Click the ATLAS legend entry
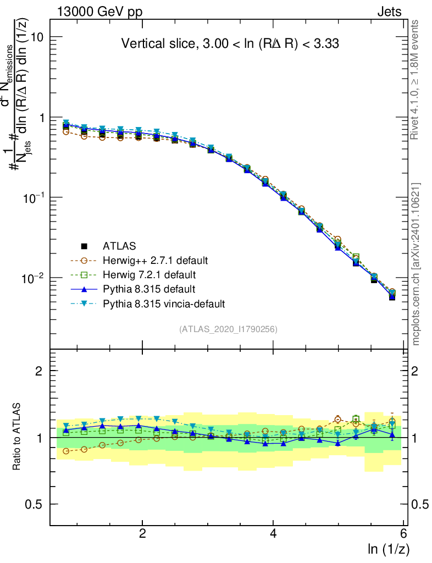coord(119,246)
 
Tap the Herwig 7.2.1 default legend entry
coord(148,274)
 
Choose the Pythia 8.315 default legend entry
coord(148,289)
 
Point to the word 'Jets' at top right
coord(389,12)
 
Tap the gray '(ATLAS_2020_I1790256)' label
coord(228,329)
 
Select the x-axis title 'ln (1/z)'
coord(389,548)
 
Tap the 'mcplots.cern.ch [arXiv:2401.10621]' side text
coord(416,264)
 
